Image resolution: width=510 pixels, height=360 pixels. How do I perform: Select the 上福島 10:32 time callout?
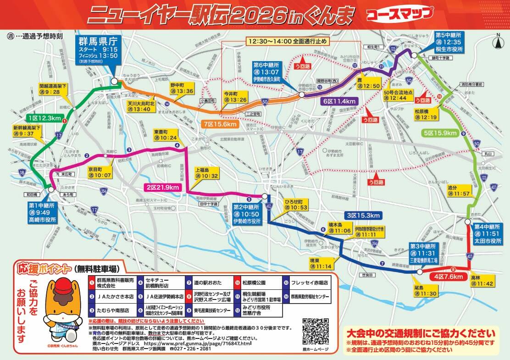206,172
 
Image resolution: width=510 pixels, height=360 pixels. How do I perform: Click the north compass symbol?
498,42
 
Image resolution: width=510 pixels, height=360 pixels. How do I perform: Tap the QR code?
316,332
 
